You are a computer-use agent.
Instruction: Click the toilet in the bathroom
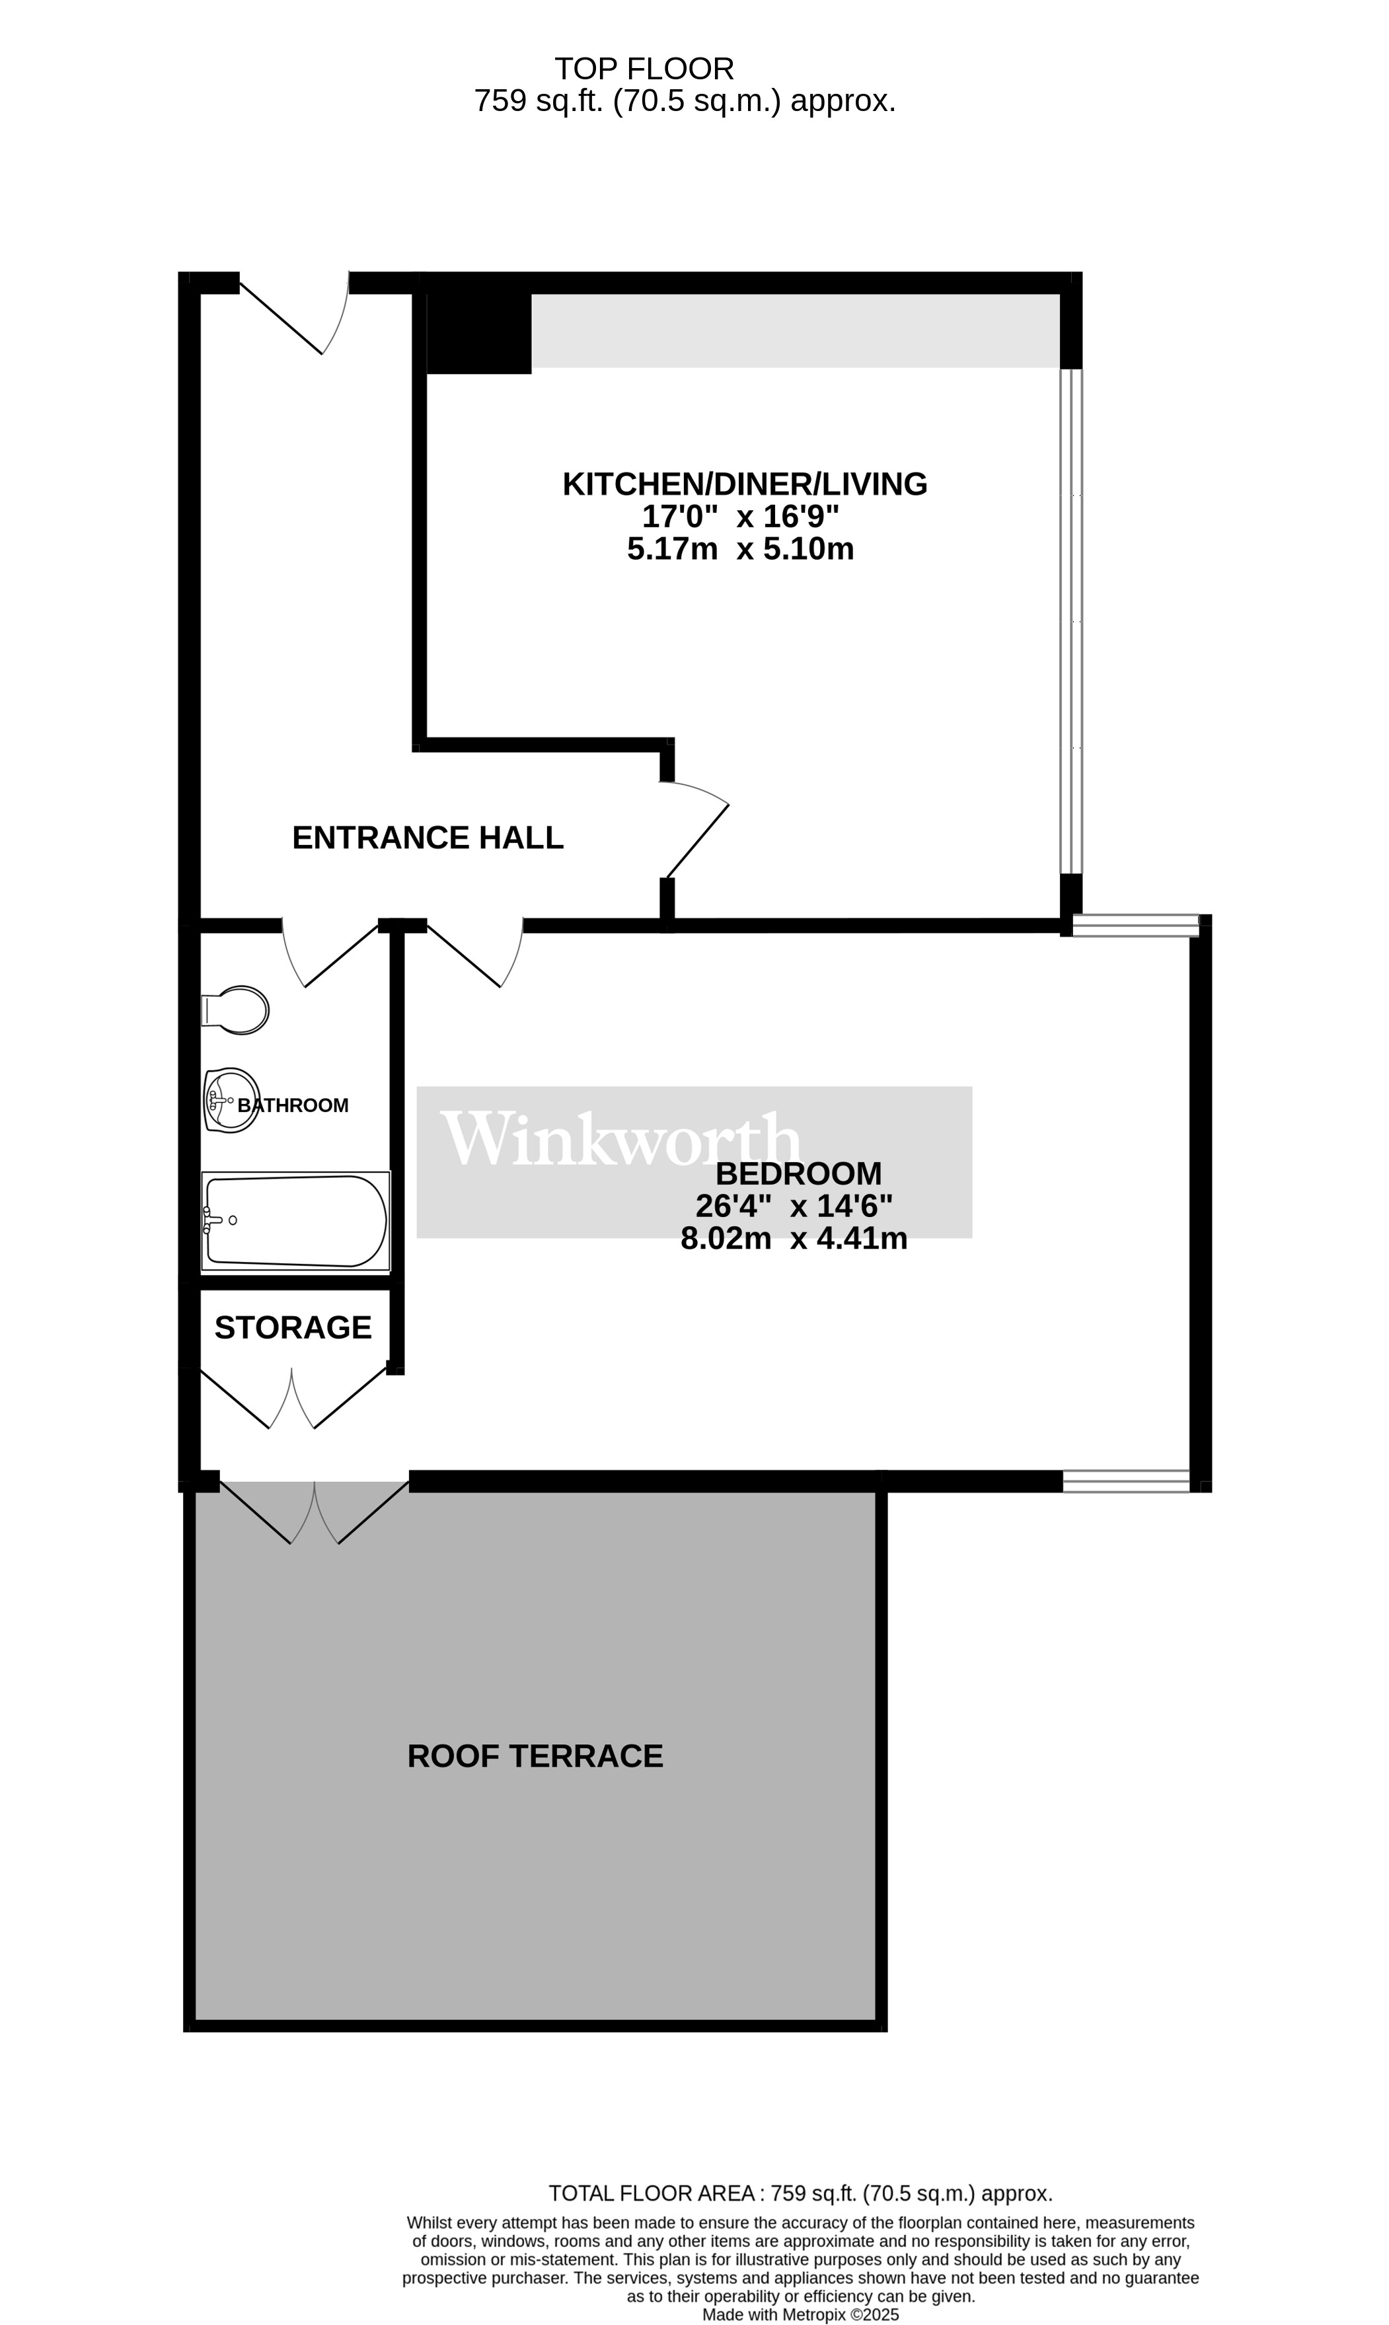tap(235, 1010)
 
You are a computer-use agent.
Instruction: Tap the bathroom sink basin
tap(231, 1099)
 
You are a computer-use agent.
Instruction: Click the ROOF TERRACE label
tap(535, 1756)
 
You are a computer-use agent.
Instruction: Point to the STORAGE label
tap(293, 1327)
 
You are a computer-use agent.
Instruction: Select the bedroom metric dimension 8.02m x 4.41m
tap(794, 1239)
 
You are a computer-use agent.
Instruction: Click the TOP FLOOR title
tap(645, 68)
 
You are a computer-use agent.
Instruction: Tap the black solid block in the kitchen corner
tap(478, 333)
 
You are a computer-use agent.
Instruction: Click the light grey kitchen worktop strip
tap(796, 330)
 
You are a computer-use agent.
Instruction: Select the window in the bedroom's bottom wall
tap(1126, 1481)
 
